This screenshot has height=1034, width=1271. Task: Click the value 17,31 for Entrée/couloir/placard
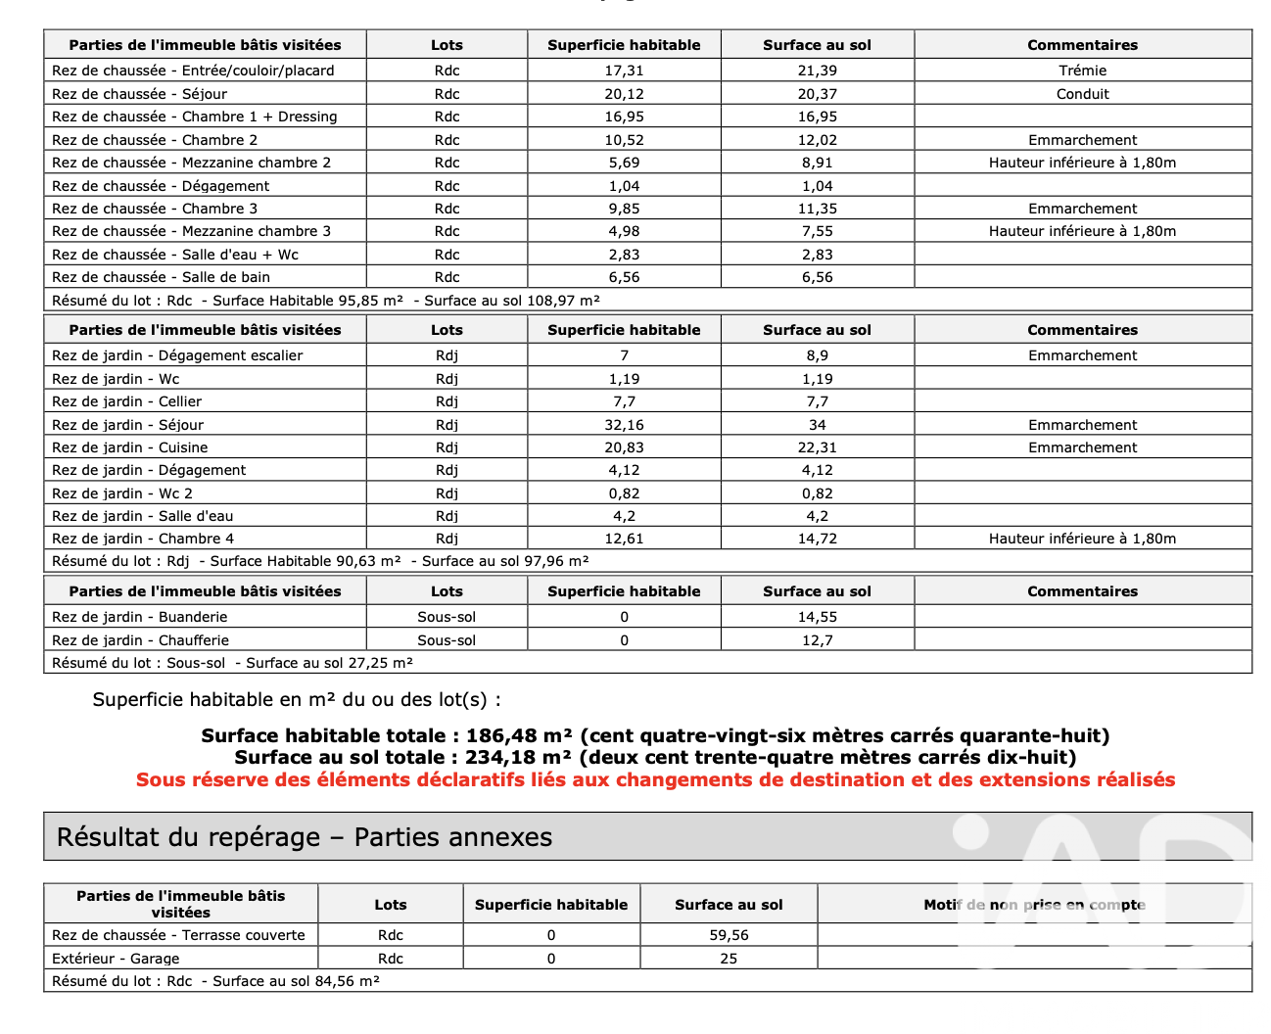[624, 70]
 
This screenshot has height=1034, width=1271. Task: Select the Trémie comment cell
[1082, 70]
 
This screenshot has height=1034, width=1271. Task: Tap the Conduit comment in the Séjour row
[1082, 94]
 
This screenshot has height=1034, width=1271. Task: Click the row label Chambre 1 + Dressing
[194, 117]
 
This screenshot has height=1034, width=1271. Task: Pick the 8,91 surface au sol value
[817, 163]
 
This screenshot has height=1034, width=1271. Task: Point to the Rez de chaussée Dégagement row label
[161, 186]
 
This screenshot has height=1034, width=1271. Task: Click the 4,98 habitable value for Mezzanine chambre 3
[624, 231]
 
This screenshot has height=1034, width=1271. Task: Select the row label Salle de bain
[161, 277]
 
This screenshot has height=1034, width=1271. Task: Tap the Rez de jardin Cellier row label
[126, 401]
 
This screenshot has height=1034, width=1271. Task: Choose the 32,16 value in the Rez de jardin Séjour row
[624, 425]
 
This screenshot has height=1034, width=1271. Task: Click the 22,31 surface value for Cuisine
[817, 447]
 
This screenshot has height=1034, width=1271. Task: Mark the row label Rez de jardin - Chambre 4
[143, 539]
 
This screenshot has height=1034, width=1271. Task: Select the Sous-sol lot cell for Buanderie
[447, 617]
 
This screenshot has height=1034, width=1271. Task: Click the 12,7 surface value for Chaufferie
[817, 640]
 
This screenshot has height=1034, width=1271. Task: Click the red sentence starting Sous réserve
[655, 779]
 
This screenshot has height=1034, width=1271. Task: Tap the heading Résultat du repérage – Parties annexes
[305, 837]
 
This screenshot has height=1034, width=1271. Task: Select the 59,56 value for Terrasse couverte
[729, 935]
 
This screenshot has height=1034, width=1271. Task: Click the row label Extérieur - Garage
[116, 959]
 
